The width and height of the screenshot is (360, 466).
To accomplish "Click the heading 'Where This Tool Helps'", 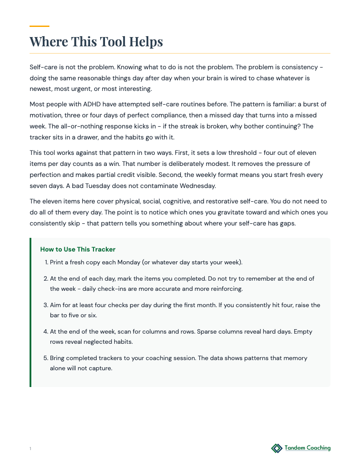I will pos(96,41).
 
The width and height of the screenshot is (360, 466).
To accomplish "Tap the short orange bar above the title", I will pos(39,26).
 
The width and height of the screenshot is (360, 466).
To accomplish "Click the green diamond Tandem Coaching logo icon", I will pos(277,448).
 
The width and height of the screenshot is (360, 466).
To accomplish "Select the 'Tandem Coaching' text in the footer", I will pos(307,448).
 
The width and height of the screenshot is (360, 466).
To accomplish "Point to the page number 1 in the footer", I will pos(30,449).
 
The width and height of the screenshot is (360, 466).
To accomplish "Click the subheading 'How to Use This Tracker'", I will pos(78,249).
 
